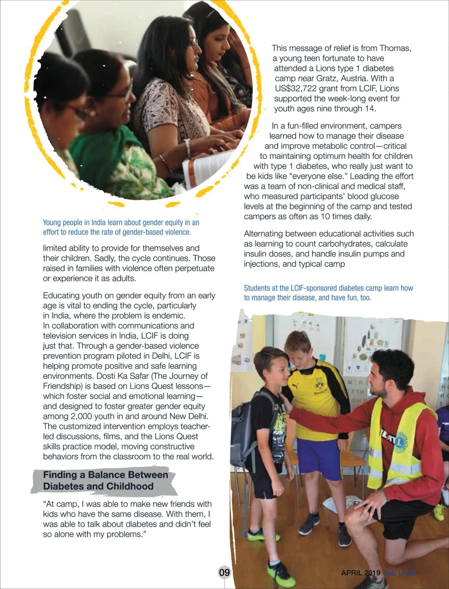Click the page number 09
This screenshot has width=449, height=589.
pos(224,572)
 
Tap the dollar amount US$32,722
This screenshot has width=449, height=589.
pos(296,88)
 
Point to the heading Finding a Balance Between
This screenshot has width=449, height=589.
pos(106,475)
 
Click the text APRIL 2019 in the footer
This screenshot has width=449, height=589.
pos(360,573)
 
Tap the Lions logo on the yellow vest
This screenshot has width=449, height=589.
pos(401,442)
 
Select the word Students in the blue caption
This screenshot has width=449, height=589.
pos(257,288)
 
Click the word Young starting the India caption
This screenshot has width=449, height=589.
pos(52,223)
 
